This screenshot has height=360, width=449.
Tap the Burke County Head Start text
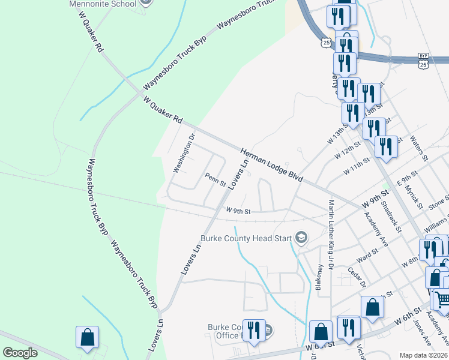[x=246, y=238]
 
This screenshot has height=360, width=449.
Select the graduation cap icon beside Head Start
[x=301, y=239]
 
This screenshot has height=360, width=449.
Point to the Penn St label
[x=215, y=179]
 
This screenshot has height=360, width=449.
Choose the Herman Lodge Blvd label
[x=272, y=166]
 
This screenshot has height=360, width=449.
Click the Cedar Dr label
[x=357, y=277]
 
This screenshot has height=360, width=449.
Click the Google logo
[x=20, y=353]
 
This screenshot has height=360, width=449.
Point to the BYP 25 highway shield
[x=423, y=60]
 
